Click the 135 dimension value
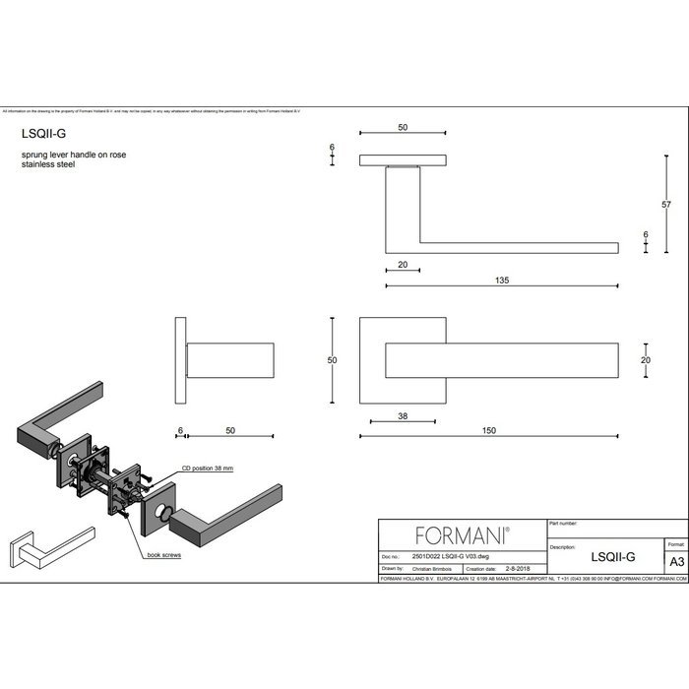502,280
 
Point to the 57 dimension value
666,204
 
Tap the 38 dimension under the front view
402,415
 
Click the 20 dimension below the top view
404,265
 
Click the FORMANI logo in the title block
462,534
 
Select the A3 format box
675,561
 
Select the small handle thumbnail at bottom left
48,549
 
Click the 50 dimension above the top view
403,128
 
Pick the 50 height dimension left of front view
332,360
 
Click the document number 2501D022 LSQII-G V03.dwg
443,557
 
